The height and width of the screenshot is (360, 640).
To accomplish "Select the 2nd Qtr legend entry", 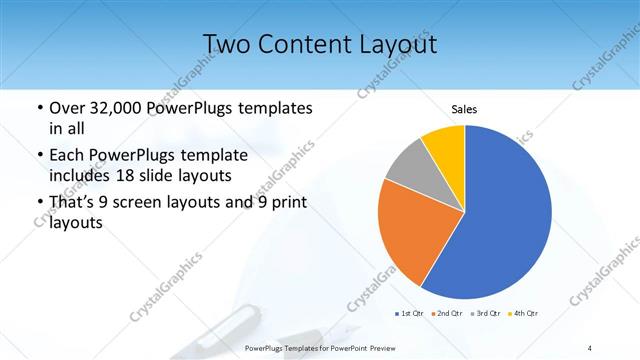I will (447, 314).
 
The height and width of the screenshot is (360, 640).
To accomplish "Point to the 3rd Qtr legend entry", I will (485, 314).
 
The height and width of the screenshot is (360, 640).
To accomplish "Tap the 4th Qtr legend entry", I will (524, 314).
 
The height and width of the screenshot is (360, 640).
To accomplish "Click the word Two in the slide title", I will (228, 44).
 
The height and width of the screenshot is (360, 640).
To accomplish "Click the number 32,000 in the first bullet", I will (111, 107).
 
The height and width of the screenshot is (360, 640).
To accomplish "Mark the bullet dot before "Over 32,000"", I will (38, 108).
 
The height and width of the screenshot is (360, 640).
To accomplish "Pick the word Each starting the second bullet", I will (68, 156).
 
